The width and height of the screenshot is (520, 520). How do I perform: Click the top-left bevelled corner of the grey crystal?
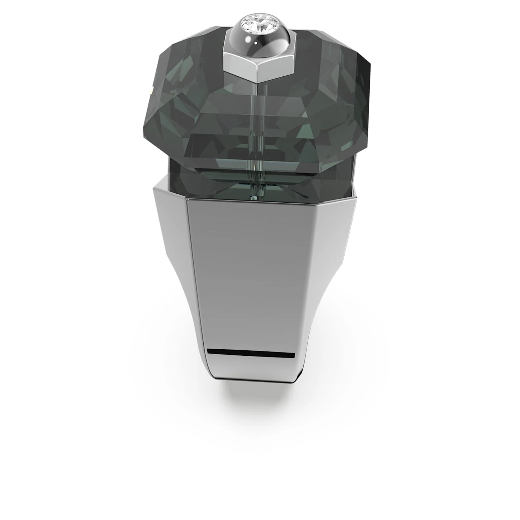click(x=170, y=43)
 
